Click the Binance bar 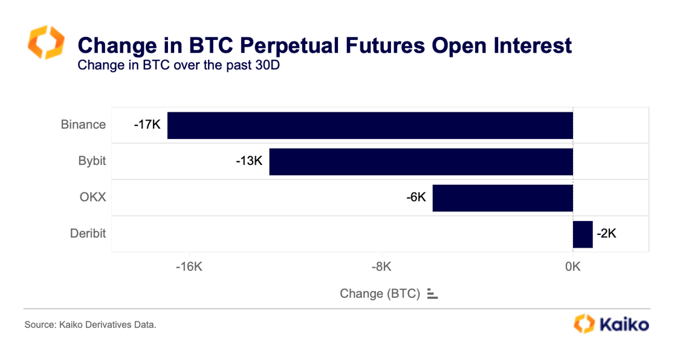[x=370, y=126]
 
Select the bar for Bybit [x=421, y=162]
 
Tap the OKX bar [x=502, y=198]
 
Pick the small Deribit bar [x=583, y=234]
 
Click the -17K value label [x=147, y=126]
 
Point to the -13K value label [x=249, y=162]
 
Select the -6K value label [x=416, y=198]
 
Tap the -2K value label [x=606, y=234]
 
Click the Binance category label [x=83, y=125]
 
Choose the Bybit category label [x=92, y=161]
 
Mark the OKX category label [x=92, y=198]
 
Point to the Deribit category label [x=88, y=233]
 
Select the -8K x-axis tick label [x=381, y=267]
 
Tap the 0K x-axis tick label [x=572, y=267]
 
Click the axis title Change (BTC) [x=380, y=294]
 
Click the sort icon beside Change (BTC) [x=432, y=294]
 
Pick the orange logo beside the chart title [x=46, y=42]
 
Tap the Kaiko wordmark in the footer [x=624, y=324]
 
